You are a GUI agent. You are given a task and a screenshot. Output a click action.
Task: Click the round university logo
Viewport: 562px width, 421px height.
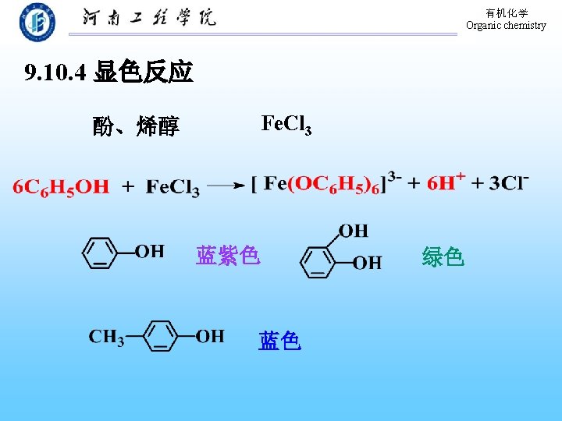click(x=37, y=21)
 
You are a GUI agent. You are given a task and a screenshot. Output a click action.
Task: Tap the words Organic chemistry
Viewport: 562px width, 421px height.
click(x=506, y=25)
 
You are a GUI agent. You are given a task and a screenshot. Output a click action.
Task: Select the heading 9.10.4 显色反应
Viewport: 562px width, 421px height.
click(x=108, y=73)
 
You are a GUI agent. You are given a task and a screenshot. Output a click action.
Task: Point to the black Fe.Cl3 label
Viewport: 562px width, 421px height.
click(x=286, y=123)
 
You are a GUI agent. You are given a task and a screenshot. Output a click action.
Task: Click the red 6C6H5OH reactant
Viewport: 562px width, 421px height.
click(x=61, y=186)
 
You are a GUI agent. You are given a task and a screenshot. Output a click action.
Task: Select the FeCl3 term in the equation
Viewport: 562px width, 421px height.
click(x=173, y=187)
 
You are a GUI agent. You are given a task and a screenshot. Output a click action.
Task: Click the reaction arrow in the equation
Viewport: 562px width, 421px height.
click(x=227, y=186)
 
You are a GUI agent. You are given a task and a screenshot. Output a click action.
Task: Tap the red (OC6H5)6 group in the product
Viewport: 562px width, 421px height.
click(x=336, y=184)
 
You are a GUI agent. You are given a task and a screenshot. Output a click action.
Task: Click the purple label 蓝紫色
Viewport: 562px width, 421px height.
click(x=227, y=255)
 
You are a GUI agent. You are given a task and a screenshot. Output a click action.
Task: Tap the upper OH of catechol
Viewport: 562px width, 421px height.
click(x=353, y=230)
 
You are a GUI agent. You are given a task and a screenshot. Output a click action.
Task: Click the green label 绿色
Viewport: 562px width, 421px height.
click(x=443, y=256)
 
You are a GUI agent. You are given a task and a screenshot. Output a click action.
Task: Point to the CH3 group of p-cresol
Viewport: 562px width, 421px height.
click(x=106, y=337)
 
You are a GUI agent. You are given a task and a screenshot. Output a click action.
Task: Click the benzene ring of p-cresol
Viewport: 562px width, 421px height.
click(x=161, y=337)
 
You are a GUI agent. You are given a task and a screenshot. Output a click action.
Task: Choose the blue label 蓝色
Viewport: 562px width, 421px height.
click(x=279, y=341)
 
